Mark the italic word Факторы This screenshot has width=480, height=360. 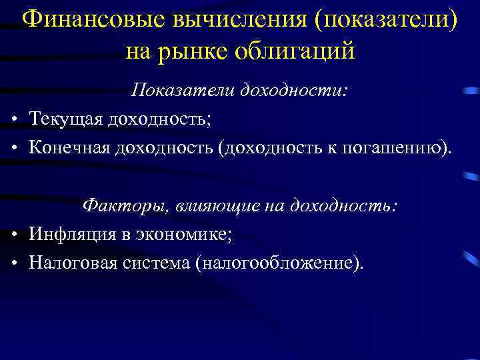(125, 205)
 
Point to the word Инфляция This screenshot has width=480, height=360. (72, 234)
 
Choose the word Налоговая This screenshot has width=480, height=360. (73, 262)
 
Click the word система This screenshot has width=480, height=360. (157, 262)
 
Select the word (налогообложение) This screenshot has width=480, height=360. (281, 262)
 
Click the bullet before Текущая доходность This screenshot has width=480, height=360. (14, 120)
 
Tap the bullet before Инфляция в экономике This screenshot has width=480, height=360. (14, 235)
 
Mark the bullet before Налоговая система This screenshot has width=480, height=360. (14, 263)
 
